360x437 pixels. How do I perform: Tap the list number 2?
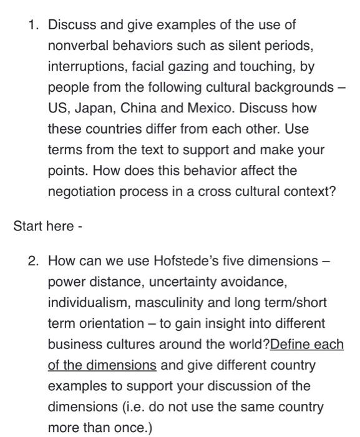(x=34, y=260)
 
